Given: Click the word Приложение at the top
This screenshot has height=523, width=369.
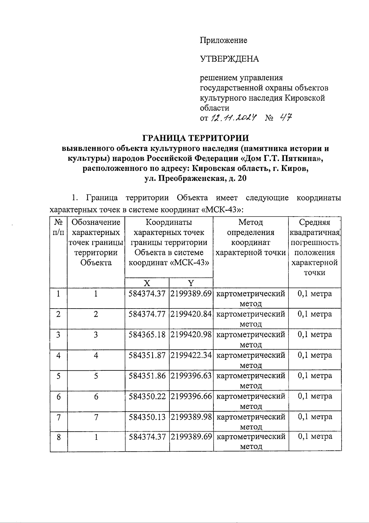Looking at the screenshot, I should click(224, 40).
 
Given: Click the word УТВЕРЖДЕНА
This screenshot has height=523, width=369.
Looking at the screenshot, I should click(229, 59).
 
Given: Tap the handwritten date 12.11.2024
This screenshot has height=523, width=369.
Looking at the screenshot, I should click(234, 118).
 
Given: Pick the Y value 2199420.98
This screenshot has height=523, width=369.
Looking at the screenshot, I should click(191, 334).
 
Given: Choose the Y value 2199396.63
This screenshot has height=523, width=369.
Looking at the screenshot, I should click(191, 376).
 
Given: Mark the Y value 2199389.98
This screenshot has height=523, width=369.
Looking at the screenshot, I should click(191, 417).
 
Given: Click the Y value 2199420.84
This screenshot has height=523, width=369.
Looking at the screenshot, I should click(191, 314).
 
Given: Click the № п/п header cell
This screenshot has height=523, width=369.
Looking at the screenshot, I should click(58, 227).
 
